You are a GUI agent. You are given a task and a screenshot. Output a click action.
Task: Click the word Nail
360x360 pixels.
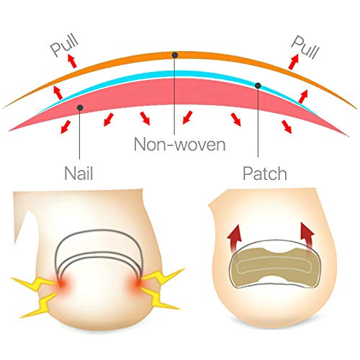[78, 173]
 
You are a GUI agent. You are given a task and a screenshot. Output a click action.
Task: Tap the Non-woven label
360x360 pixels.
[180, 144]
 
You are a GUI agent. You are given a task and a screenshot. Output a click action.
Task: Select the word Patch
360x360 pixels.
[265, 173]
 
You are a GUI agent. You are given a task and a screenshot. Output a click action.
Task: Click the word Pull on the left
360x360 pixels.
[64, 45]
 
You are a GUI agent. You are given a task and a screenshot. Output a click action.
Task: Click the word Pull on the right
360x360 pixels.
[305, 47]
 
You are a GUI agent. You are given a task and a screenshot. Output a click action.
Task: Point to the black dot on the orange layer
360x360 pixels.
[175, 55]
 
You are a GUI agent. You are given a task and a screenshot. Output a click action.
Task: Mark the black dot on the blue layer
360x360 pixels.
[258, 86]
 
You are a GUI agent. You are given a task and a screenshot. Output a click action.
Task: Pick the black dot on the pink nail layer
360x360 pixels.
[80, 107]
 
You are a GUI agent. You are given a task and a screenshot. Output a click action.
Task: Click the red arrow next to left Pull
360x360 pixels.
[72, 60]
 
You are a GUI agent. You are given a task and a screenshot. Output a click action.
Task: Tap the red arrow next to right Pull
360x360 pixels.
[294, 62]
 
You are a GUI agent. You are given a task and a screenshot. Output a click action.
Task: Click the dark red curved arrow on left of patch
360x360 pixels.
[235, 239]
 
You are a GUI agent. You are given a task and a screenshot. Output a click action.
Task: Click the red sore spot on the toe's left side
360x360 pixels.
[62, 283]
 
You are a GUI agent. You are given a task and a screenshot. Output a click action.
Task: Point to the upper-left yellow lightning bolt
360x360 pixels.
[34, 283]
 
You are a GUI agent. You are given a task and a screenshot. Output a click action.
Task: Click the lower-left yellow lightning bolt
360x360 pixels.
[40, 305]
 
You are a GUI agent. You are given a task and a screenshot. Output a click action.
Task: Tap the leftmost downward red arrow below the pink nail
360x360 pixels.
[66, 127]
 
